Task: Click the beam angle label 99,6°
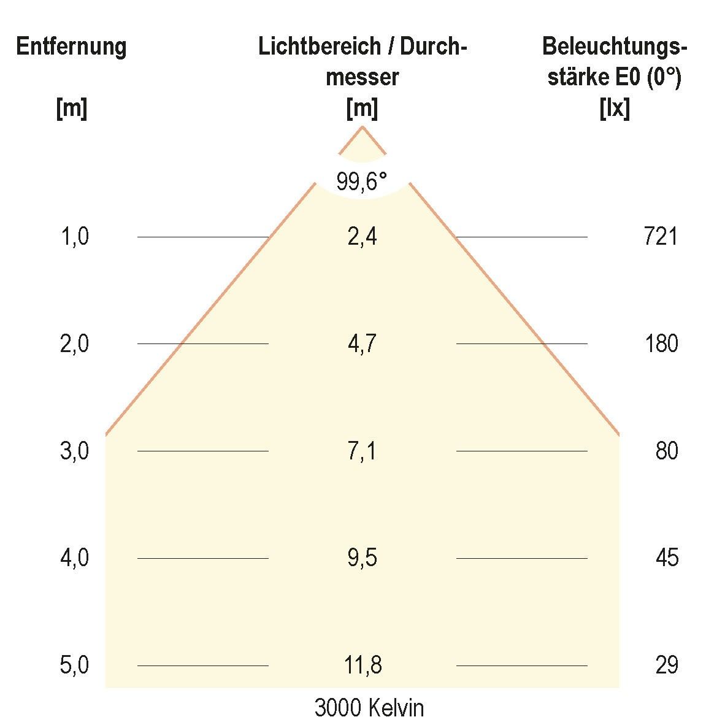point(362,182)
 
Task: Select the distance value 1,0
point(75,237)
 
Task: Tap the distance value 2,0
point(75,344)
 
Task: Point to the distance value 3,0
point(75,451)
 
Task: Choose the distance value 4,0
point(75,558)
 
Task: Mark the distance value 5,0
point(75,666)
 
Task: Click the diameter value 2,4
point(362,237)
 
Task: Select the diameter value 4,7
point(362,344)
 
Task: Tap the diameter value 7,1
point(362,451)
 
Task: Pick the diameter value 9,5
point(362,558)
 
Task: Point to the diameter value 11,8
point(362,666)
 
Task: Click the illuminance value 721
point(661,237)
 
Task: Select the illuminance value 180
point(661,344)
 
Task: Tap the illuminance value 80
point(666,451)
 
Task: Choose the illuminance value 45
point(666,558)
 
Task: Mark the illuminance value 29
point(666,666)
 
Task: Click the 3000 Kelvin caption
point(369,708)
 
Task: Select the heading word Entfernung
point(72,47)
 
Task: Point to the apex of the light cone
point(362,127)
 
